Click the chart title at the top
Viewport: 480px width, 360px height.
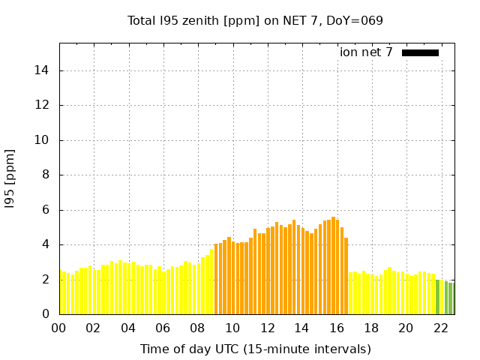coord(255,20)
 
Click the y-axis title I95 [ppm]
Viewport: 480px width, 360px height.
coord(10,178)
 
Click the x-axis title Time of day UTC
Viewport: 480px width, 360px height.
coord(255,349)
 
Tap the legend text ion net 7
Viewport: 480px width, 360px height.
coord(366,52)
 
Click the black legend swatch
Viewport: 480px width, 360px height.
coord(420,52)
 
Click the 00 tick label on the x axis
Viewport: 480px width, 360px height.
coord(59,328)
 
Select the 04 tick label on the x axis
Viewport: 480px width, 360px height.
coord(128,328)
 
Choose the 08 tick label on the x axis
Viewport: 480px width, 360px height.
coord(198,328)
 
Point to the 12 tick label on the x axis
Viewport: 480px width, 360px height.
coord(267,328)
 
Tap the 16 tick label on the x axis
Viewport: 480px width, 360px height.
coord(337,328)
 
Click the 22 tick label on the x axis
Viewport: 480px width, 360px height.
coord(441,328)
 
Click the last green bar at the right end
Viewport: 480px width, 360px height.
coord(451,298)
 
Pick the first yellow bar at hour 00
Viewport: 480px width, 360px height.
coord(61,292)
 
